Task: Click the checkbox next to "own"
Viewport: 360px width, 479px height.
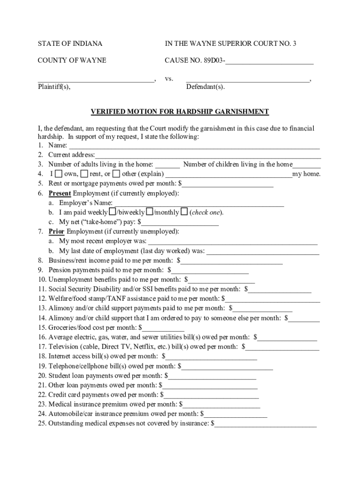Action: pyautogui.click(x=58, y=174)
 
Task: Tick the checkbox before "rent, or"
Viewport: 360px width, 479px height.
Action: pyautogui.click(x=84, y=174)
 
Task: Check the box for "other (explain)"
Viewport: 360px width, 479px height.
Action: pyautogui.click(x=116, y=174)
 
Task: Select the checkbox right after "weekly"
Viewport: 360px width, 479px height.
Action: pyautogui.click(x=112, y=212)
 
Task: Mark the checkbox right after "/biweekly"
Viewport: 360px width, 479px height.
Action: pyautogui.click(x=150, y=212)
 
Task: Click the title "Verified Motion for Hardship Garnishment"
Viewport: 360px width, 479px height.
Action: pyautogui.click(x=180, y=112)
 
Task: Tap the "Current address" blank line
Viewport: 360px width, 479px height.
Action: pyautogui.click(x=208, y=155)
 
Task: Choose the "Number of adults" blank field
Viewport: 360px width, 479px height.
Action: pyautogui.click(x=167, y=165)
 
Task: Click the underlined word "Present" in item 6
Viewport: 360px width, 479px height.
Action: pyautogui.click(x=60, y=193)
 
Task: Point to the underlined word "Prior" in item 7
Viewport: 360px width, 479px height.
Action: pyautogui.click(x=57, y=232)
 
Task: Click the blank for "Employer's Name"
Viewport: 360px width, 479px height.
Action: pyautogui.click(x=199, y=203)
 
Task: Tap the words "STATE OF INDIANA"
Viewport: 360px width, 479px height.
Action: pyautogui.click(x=70, y=44)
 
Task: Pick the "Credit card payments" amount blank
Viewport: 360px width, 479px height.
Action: pyautogui.click(x=211, y=395)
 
